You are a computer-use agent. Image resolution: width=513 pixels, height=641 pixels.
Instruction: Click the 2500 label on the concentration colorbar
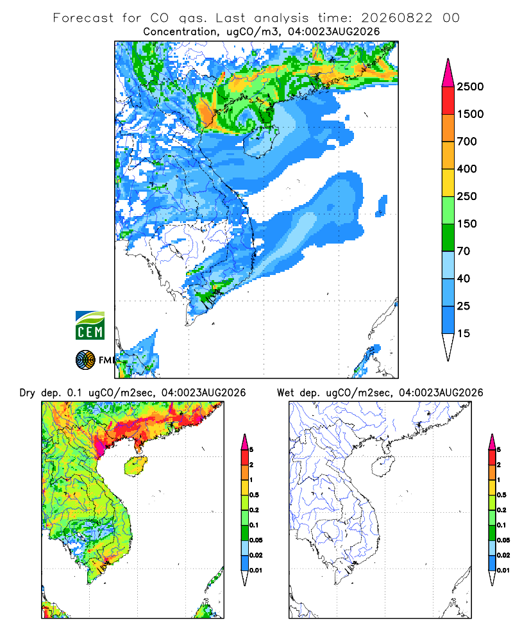[x=470, y=87]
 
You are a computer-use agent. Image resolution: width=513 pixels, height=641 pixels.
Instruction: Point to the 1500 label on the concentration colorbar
[x=470, y=114]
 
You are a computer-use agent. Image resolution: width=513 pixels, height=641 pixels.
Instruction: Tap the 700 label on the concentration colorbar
[x=467, y=142]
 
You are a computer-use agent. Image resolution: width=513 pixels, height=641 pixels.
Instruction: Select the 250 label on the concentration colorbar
[x=467, y=196]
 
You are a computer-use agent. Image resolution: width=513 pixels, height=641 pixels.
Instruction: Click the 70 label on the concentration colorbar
[x=464, y=251]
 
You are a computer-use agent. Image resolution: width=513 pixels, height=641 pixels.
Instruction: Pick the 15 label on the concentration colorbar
[x=464, y=333]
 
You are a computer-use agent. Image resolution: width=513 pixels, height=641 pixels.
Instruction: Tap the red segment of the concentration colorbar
[x=448, y=101]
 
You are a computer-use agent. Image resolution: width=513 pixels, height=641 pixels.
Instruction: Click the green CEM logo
[x=90, y=326]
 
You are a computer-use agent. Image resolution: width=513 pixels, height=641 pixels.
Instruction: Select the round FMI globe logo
[x=85, y=360]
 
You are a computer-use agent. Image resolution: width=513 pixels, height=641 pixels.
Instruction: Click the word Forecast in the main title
[x=83, y=18]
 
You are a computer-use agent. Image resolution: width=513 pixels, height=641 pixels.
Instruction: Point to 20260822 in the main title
[x=396, y=18]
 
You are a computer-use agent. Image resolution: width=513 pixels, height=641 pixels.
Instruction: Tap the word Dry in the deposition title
[x=28, y=393]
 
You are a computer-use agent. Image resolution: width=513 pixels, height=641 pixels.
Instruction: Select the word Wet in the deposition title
[x=285, y=393]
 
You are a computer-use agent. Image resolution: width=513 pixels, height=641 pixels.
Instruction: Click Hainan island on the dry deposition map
[x=135, y=467]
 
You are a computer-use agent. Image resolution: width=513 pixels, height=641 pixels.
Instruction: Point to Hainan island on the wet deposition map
[x=383, y=467]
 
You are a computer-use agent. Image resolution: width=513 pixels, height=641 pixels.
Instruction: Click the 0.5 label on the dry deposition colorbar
[x=254, y=495]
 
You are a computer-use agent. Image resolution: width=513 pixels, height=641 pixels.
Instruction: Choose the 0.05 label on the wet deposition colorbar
[x=503, y=540]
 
